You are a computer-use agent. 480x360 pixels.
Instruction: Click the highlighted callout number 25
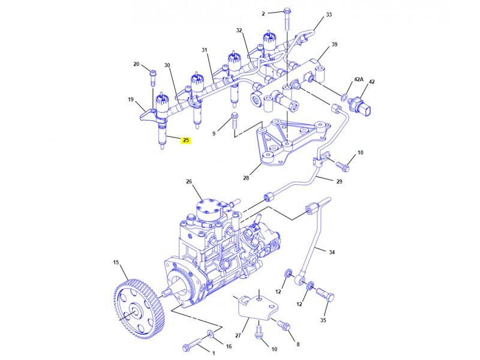(186, 141)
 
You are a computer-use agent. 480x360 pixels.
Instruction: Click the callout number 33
(328, 14)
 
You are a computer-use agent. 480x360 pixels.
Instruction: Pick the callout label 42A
(358, 79)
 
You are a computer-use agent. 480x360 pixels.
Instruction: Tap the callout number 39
(335, 44)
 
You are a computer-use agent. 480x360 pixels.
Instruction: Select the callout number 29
(339, 181)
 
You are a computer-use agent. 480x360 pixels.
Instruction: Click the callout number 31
(204, 50)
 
